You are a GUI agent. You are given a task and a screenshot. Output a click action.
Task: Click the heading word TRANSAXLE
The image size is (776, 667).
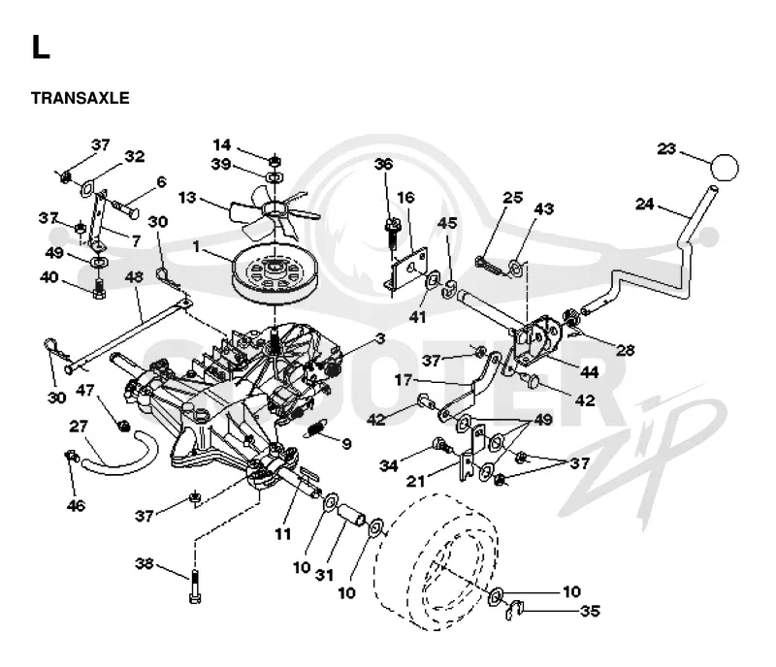(x=81, y=98)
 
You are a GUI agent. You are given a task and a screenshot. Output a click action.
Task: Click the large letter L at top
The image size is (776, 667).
(x=41, y=48)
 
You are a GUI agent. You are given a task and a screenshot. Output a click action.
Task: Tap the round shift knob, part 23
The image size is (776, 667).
(x=724, y=168)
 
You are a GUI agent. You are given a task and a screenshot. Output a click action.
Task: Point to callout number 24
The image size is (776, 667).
(x=644, y=204)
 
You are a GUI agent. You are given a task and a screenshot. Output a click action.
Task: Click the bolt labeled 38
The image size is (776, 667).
(x=196, y=587)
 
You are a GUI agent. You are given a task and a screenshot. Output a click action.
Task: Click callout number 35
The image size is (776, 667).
(x=590, y=611)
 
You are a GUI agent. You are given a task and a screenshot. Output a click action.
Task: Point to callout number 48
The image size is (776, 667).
(x=134, y=276)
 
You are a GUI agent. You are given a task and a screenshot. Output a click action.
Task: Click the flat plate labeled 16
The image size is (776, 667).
(x=407, y=271)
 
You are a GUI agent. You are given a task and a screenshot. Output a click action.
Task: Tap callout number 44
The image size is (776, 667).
(x=589, y=371)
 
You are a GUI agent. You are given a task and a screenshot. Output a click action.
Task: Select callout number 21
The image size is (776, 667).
(x=416, y=480)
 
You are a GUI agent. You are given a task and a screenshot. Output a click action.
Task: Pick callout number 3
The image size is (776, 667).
(x=380, y=339)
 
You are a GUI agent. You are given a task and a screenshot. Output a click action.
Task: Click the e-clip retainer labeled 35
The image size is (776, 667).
(x=513, y=609)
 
